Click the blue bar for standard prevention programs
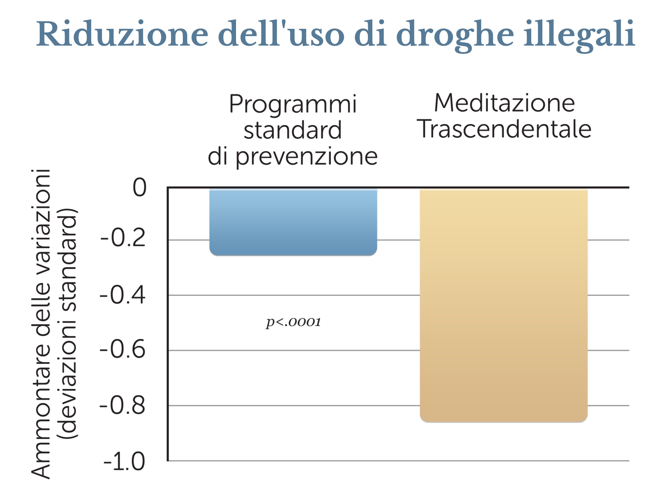tap(293, 222)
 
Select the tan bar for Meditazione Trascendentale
tap(504, 305)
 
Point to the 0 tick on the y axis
tap(140, 187)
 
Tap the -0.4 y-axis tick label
tap(123, 295)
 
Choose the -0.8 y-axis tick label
tap(123, 405)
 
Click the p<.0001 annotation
tap(293, 322)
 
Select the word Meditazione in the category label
tap(504, 103)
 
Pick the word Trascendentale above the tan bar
tap(504, 129)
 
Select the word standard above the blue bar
tap(293, 130)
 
